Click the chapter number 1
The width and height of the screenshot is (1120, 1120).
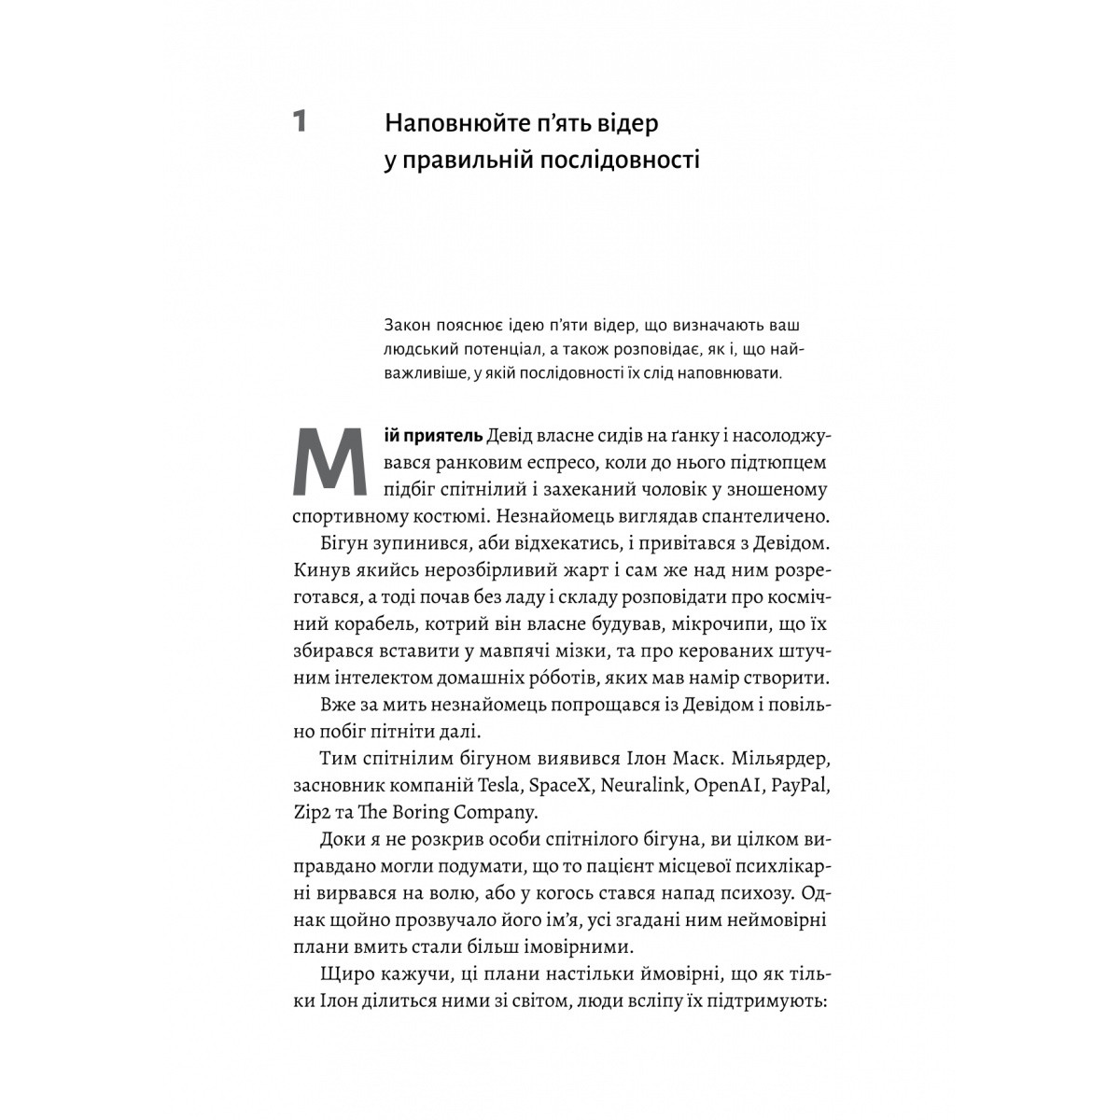click(x=300, y=121)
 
